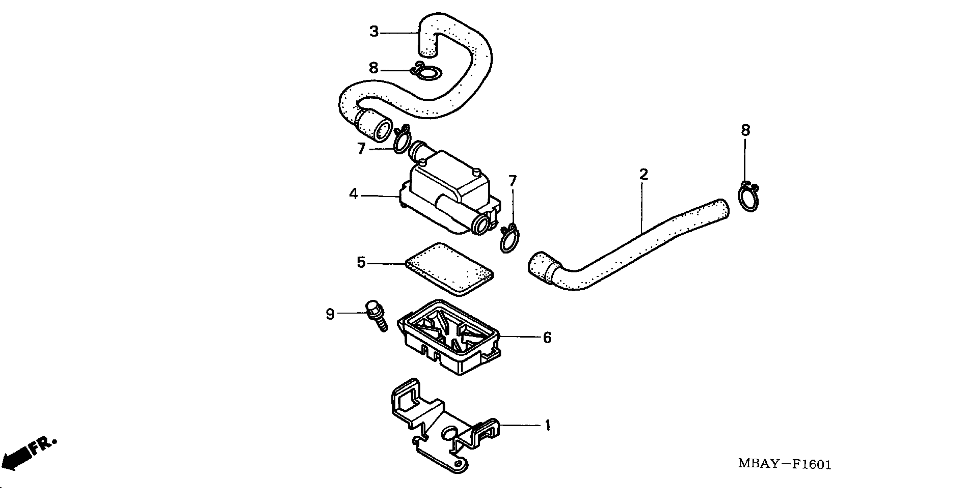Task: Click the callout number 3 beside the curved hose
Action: pyautogui.click(x=374, y=32)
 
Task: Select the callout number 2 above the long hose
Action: pyautogui.click(x=644, y=174)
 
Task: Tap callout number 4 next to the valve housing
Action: pyautogui.click(x=353, y=194)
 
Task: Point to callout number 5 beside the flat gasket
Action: pyautogui.click(x=361, y=263)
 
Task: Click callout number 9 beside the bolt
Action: pyautogui.click(x=330, y=314)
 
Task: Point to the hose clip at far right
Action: pyautogui.click(x=748, y=197)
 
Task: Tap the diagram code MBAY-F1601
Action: pyautogui.click(x=785, y=464)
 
